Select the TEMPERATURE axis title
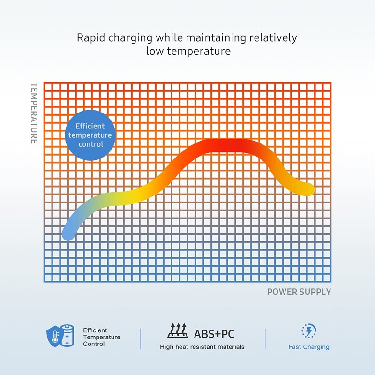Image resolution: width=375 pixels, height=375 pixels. click(34, 113)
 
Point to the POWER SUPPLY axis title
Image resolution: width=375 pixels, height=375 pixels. click(299, 292)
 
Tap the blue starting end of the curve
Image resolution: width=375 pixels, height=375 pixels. click(68, 233)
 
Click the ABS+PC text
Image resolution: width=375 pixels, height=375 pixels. click(214, 334)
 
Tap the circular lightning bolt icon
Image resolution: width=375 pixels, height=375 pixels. click(308, 331)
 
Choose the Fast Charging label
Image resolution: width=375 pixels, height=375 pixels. click(308, 347)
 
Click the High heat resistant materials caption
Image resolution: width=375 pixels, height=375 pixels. click(202, 347)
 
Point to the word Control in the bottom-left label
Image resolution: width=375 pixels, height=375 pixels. click(94, 344)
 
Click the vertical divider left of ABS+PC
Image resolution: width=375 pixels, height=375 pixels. click(141, 338)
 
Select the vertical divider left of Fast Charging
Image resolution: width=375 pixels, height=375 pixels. click(265, 338)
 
